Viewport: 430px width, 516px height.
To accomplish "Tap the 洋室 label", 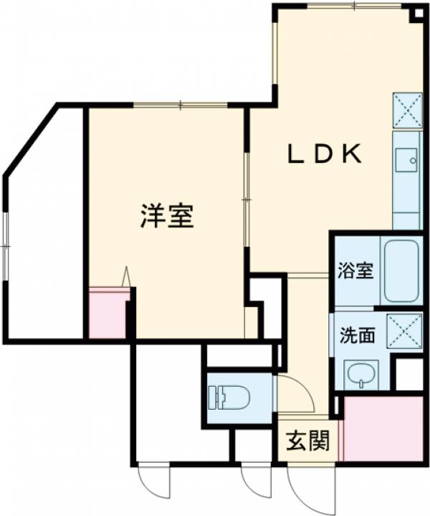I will tap(166, 216).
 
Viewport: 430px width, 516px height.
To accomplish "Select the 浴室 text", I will tap(355, 271).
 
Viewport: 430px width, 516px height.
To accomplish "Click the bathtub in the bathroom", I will tap(401, 271).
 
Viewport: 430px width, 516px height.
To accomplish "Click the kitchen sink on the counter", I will tap(406, 159).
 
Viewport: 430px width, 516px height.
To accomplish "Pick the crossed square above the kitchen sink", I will tap(406, 111).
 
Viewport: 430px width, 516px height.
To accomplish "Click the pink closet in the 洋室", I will tap(108, 314).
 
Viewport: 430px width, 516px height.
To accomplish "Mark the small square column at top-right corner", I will tap(416, 14).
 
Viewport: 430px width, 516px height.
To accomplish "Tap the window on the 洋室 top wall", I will tap(181, 105).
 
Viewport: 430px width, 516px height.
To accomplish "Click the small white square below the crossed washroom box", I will tap(409, 373).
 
